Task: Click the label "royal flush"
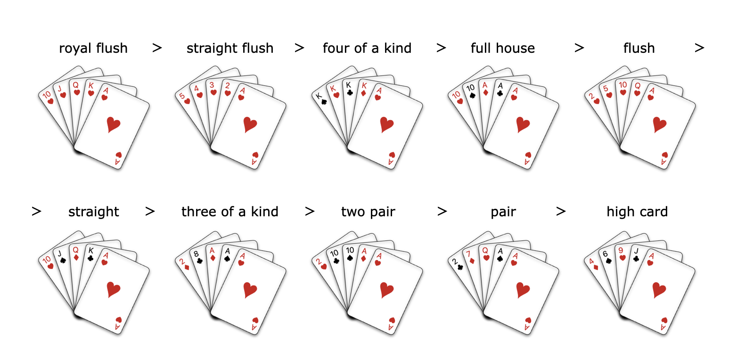coord(93,49)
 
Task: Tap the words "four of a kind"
coord(367,49)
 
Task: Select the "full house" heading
coord(503,49)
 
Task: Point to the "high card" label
coord(637,212)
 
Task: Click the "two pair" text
coord(368,212)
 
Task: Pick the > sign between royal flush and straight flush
coord(157,48)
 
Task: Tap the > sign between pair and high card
coord(561,212)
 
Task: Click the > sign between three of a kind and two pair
coord(310,212)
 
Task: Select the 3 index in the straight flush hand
coord(213,84)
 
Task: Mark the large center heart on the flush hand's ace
coord(660,124)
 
